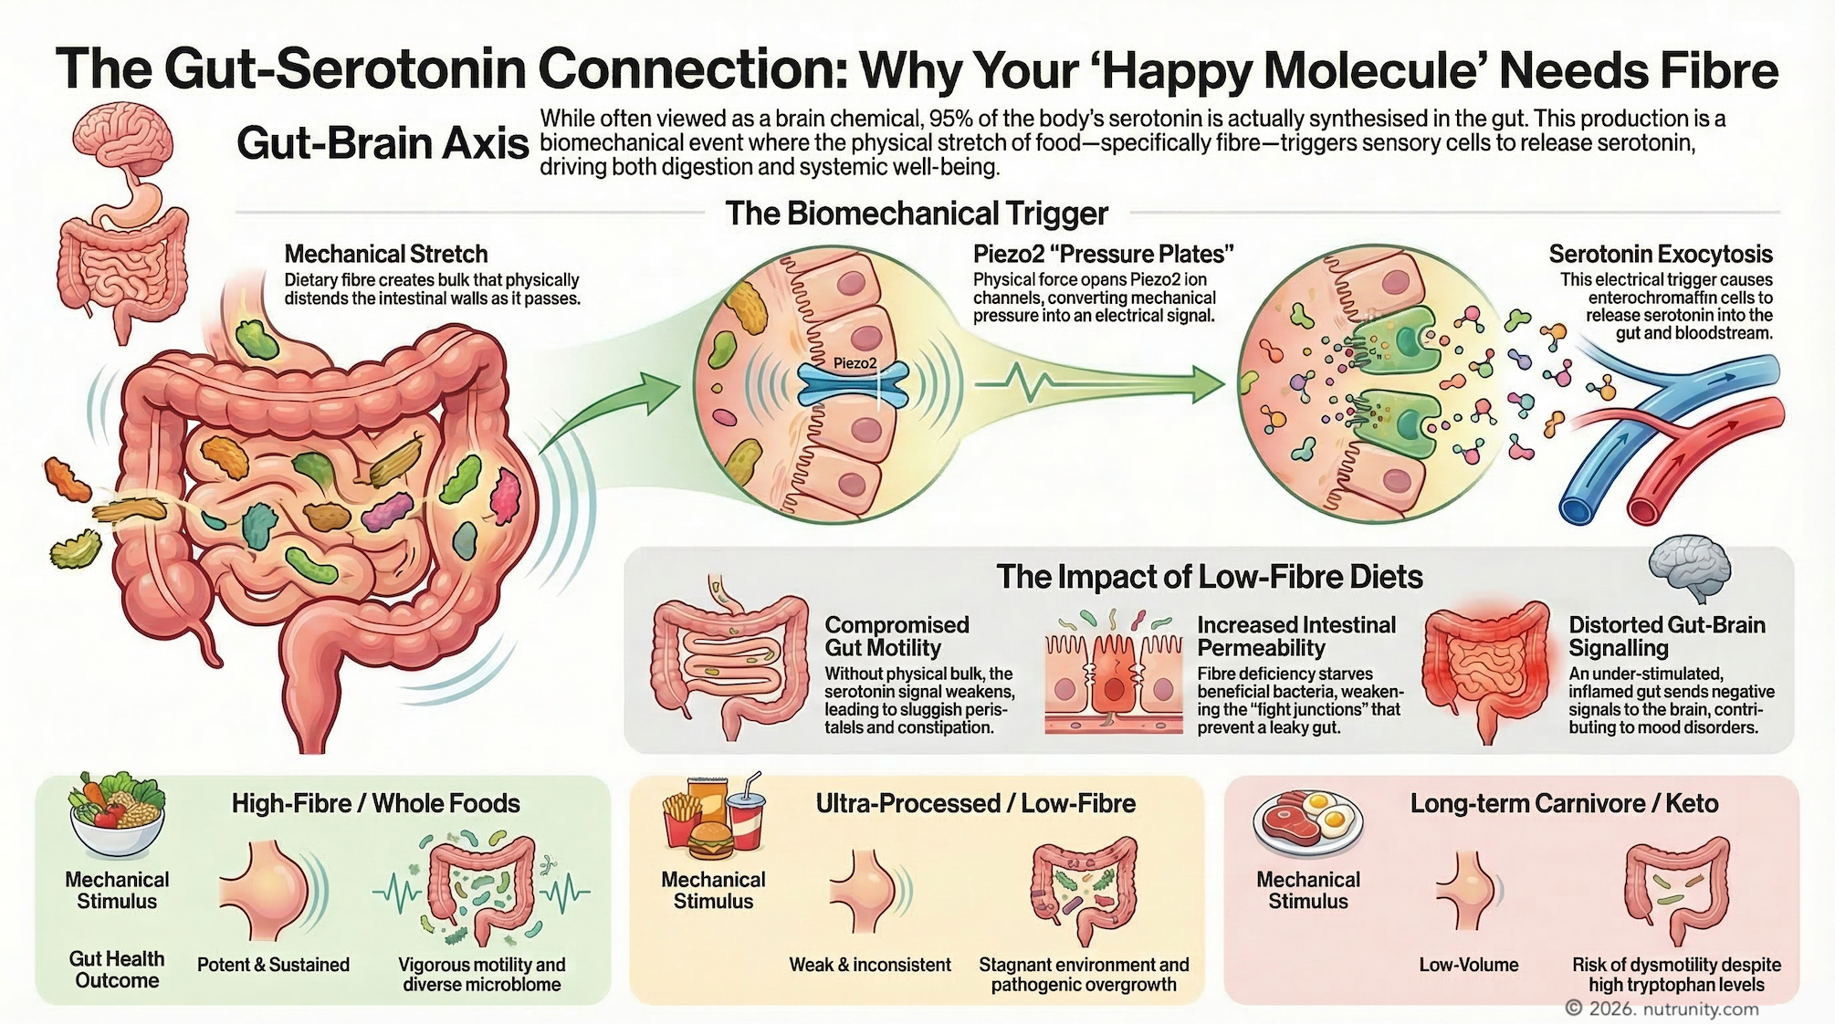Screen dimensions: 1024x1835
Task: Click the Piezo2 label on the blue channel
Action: (x=855, y=363)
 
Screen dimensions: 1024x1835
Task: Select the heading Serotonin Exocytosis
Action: (x=1660, y=254)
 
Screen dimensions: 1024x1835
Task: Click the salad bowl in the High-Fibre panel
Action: (x=117, y=815)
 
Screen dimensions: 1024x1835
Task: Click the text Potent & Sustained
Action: (x=273, y=965)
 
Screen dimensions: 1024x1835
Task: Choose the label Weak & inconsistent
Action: (x=869, y=965)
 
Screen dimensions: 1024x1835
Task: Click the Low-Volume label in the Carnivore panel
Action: (x=1468, y=965)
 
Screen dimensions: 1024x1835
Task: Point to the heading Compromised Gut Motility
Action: (x=896, y=636)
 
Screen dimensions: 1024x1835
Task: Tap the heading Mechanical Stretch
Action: (x=385, y=254)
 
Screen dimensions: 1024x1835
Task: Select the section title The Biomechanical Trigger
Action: (x=916, y=214)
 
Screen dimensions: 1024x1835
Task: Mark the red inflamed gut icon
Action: (x=1486, y=671)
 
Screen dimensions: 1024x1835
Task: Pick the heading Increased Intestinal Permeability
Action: (x=1295, y=636)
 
